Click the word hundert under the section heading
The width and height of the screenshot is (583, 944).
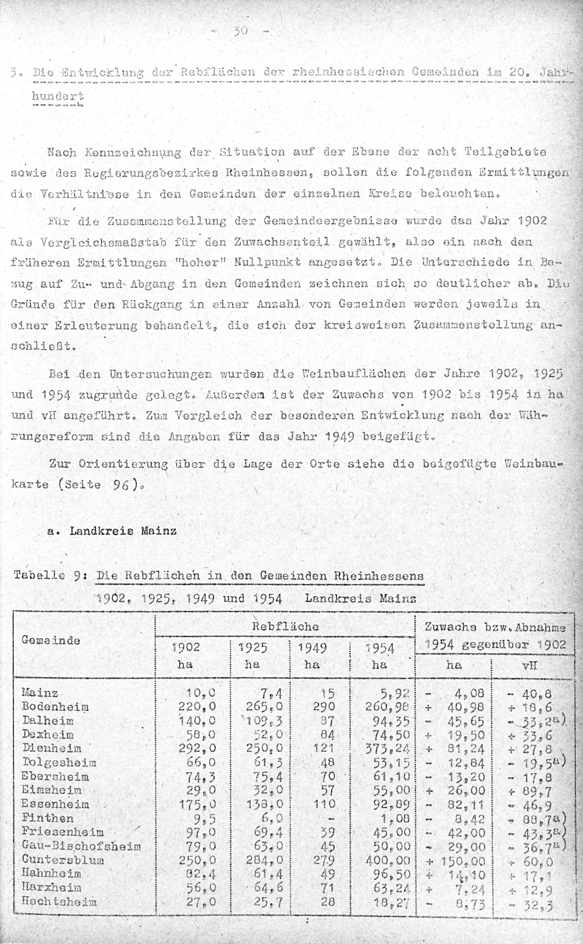click(58, 95)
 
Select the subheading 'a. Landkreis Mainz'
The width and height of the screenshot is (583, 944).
click(112, 531)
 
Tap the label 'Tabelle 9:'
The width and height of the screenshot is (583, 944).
click(47, 576)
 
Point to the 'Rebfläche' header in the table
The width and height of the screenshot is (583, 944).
click(285, 626)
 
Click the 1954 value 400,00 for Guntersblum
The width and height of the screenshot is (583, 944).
click(391, 860)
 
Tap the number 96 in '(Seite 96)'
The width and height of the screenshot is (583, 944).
click(121, 484)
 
